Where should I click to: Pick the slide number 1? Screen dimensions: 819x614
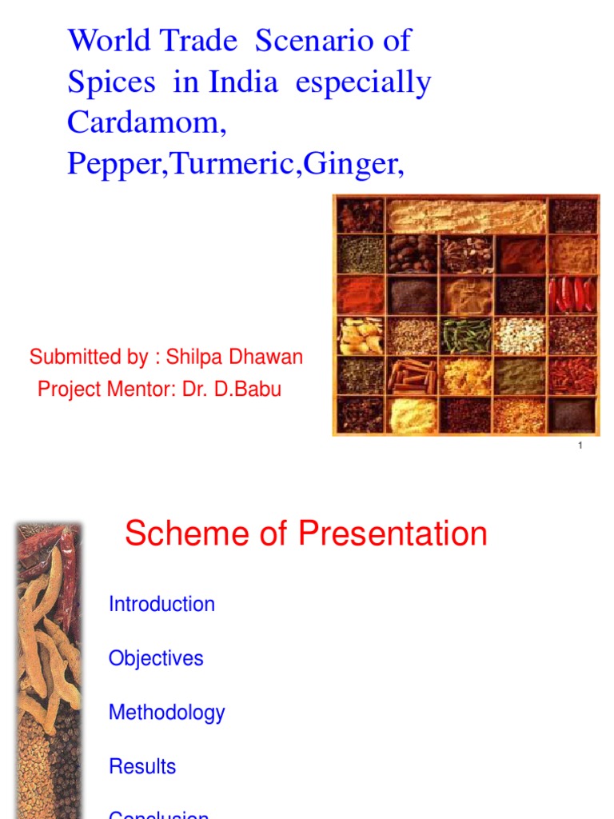(580, 445)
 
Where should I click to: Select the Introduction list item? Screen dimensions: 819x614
(161, 604)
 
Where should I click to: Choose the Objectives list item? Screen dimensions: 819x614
(156, 658)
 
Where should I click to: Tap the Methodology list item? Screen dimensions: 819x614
(166, 712)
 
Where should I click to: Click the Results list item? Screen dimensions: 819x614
(142, 766)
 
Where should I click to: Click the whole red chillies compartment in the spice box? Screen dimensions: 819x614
(572, 294)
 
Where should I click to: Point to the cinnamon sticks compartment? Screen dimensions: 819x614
(412, 375)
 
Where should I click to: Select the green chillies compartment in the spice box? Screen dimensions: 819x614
(466, 335)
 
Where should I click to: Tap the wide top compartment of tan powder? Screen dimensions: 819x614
(467, 215)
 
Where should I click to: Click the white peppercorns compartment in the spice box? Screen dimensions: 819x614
(519, 335)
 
